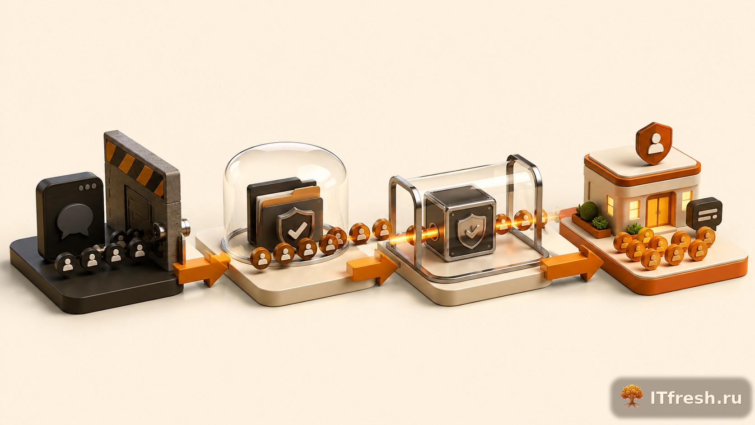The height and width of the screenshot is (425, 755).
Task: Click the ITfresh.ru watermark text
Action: [x=696, y=398]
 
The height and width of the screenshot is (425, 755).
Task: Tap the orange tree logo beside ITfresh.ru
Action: [x=632, y=397]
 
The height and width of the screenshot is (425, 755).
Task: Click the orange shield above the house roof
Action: [x=654, y=143]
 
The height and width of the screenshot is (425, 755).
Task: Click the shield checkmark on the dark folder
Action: [x=296, y=226]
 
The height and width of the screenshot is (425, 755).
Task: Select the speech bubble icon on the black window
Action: [x=75, y=220]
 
